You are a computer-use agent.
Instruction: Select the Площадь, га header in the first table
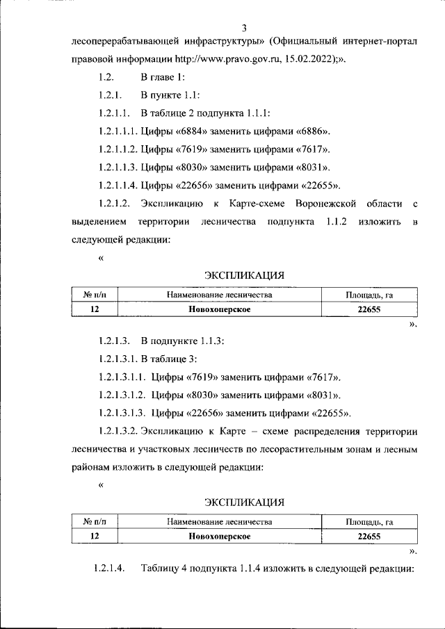point(369,295)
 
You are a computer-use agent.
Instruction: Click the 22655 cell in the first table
point(369,310)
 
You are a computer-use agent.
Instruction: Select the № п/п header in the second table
point(94,521)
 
